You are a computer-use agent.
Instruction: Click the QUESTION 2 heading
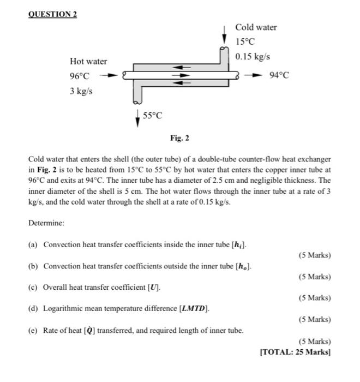[x=53, y=14]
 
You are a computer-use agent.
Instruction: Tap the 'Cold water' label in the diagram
[x=256, y=27]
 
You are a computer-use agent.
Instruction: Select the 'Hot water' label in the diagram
[x=88, y=61]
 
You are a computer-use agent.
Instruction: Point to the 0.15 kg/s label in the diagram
[x=253, y=56]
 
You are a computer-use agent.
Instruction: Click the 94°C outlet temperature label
[x=279, y=76]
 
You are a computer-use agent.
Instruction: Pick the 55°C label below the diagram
[x=153, y=116]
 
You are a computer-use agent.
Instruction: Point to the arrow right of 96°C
[x=110, y=76]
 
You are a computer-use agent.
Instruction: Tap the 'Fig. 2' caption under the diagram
[x=179, y=139]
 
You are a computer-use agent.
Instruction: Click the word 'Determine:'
[x=46, y=223]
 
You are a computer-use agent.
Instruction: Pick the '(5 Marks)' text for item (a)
[x=315, y=255]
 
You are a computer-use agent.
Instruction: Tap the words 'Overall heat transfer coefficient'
[x=94, y=286]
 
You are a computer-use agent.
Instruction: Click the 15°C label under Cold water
[x=245, y=42]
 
